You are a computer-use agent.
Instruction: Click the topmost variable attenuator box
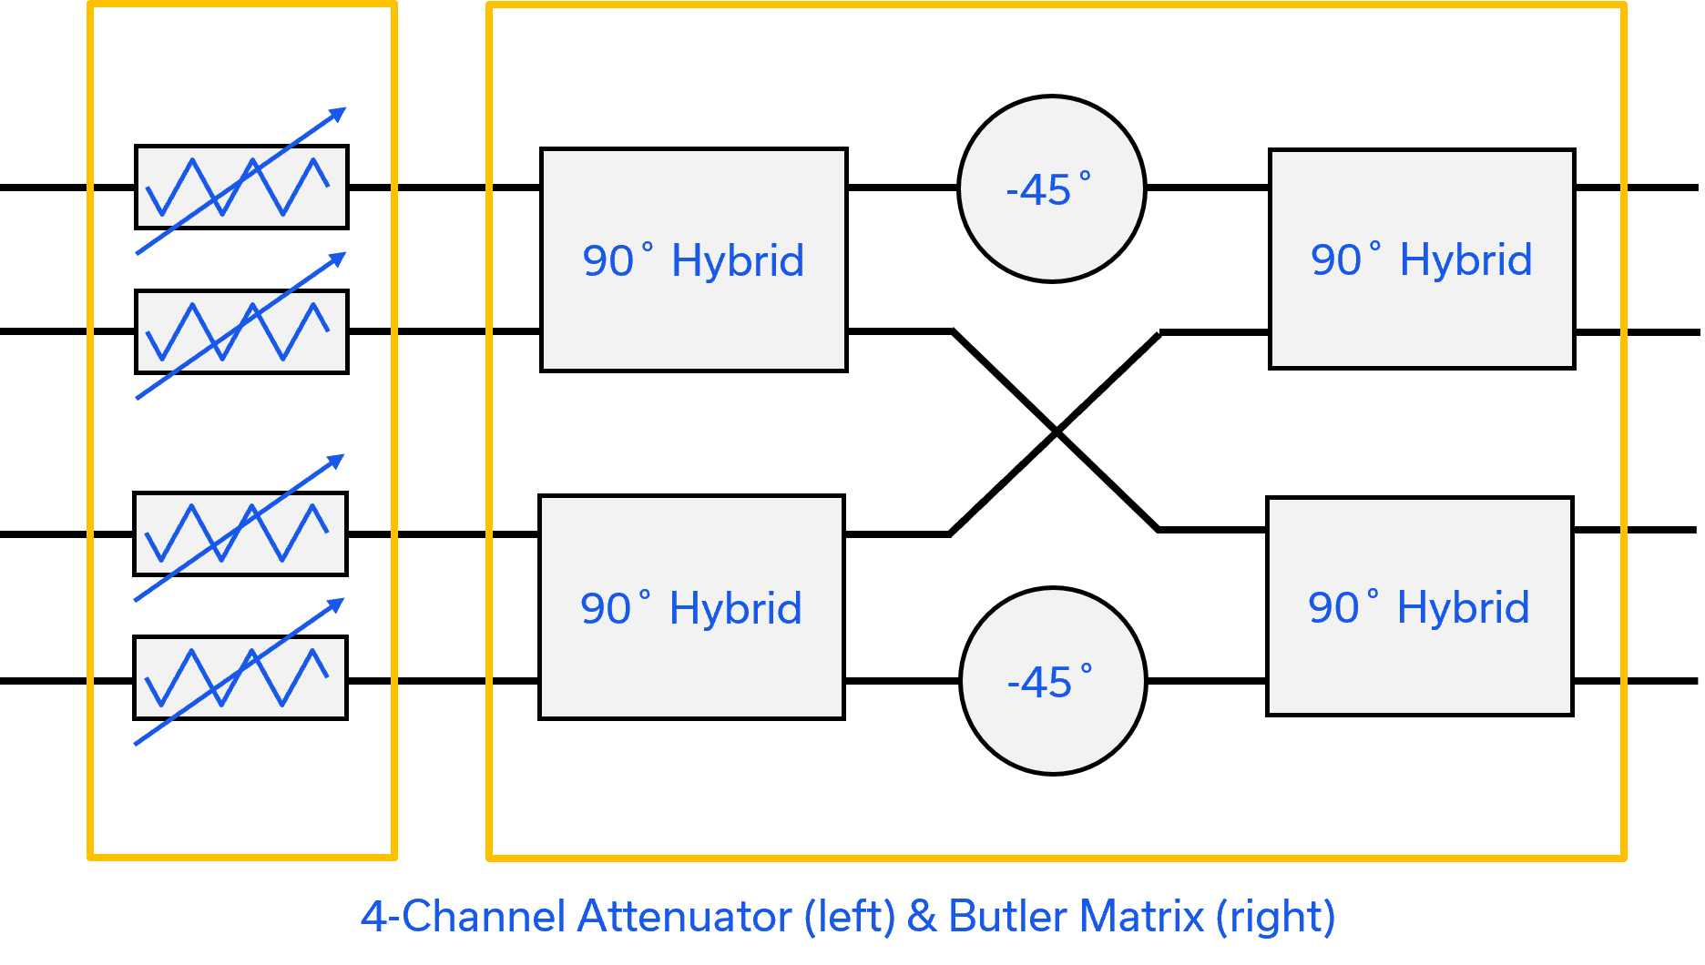(x=241, y=187)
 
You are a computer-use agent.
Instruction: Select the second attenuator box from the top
(x=241, y=331)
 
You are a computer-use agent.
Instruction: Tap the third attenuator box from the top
(x=240, y=533)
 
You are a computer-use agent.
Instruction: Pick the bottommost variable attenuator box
(x=240, y=677)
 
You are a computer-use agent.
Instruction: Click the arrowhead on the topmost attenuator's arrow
(x=338, y=114)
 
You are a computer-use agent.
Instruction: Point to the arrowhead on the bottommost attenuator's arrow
(x=335, y=604)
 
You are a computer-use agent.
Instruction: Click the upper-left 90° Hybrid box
(x=694, y=259)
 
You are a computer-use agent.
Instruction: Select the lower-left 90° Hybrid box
(x=692, y=607)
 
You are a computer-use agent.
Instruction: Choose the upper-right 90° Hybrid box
(x=1422, y=259)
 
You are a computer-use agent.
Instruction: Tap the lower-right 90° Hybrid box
(x=1420, y=606)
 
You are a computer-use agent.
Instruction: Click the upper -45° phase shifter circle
(x=1052, y=188)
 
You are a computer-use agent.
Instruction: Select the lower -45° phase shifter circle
(x=1054, y=681)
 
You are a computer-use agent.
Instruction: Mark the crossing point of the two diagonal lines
(x=1056, y=432)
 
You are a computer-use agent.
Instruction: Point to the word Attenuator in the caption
(x=685, y=916)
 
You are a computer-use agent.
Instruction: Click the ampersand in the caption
(x=922, y=917)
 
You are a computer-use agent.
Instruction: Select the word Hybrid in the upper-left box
(x=738, y=260)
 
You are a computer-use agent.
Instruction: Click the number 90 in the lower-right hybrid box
(x=1333, y=608)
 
